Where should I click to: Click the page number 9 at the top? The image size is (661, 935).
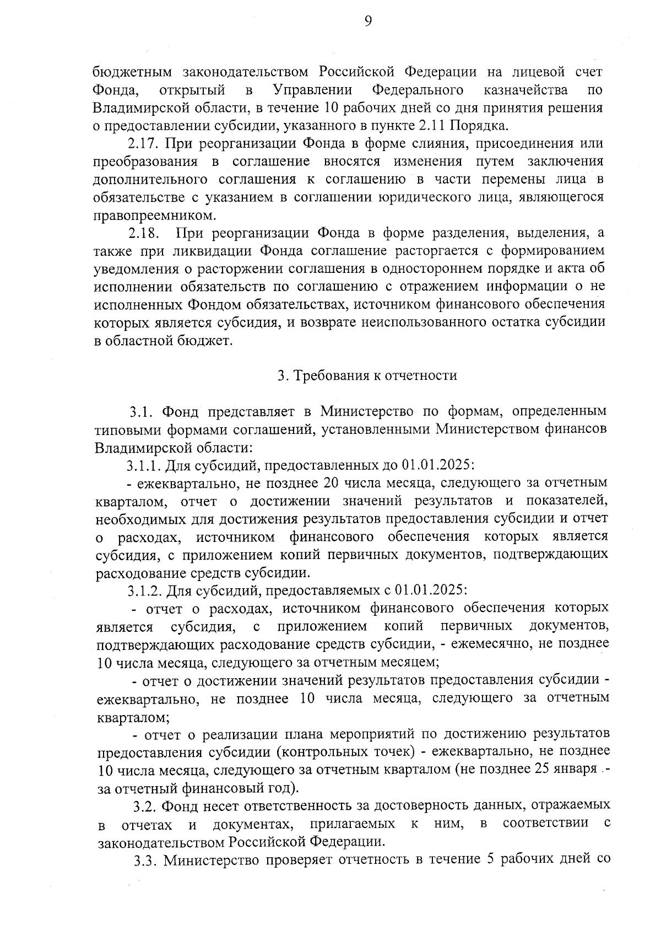(368, 22)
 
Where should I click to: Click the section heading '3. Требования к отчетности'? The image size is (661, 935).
(367, 376)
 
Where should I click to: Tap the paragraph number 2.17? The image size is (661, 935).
(143, 144)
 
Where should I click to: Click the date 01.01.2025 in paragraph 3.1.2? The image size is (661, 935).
(432, 590)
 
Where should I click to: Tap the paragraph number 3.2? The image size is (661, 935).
(145, 806)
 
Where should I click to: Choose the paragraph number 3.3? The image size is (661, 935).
(145, 860)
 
